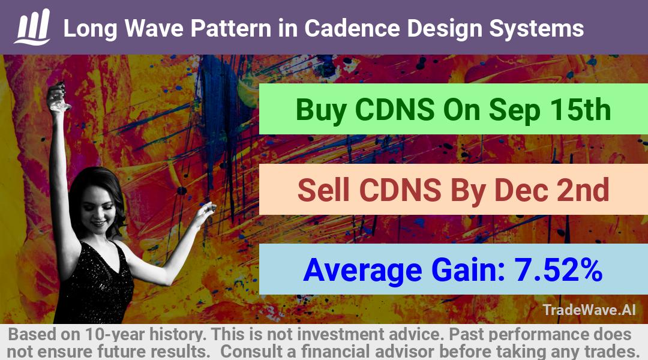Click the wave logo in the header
[32, 27]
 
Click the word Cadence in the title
[352, 29]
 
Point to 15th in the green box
[580, 110]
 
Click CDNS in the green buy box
[395, 110]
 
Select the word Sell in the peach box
[323, 190]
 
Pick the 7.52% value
[558, 270]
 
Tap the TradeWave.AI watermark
[589, 310]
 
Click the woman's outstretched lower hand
[205, 212]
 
